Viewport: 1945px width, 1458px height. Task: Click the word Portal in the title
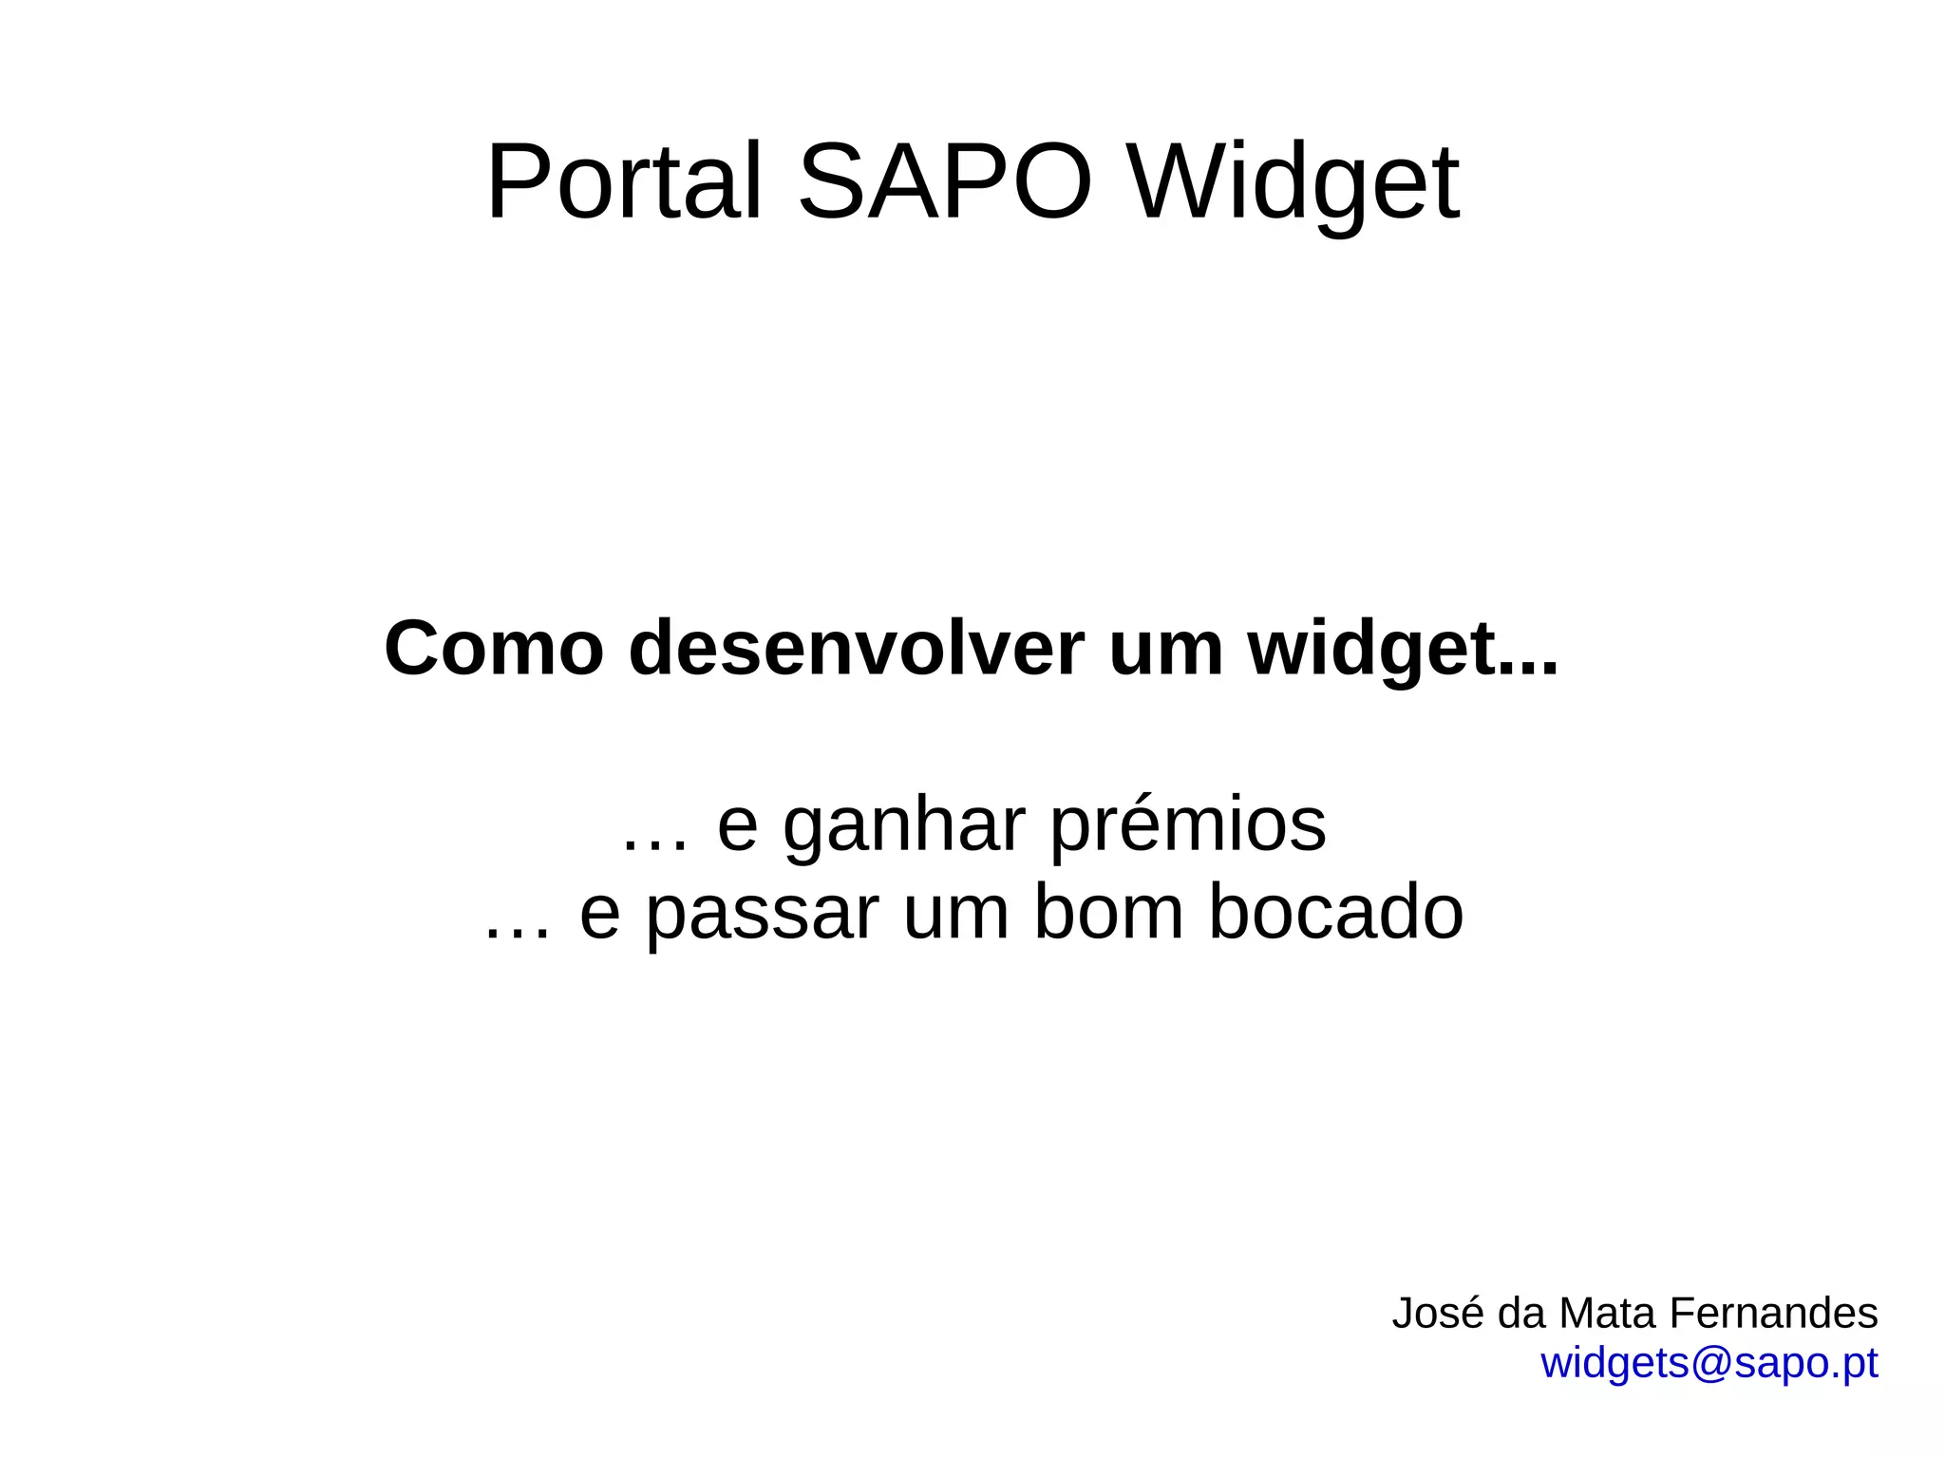(x=624, y=181)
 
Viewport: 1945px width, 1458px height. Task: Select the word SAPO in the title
(x=945, y=181)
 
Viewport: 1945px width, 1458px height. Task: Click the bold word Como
(x=494, y=649)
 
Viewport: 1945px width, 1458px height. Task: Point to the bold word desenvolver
(x=856, y=649)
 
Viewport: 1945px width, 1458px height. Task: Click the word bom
(x=1108, y=912)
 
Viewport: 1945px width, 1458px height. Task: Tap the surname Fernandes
(x=1773, y=1314)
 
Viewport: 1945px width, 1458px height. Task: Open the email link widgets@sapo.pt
(x=1709, y=1364)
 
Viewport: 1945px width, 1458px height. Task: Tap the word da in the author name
(x=1522, y=1314)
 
